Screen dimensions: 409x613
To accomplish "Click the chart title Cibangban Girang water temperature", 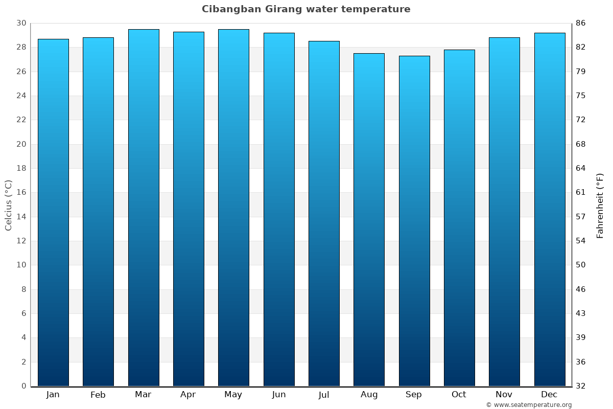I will tap(306, 9).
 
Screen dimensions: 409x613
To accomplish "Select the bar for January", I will tap(53, 212).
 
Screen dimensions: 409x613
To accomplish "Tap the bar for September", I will tap(414, 221).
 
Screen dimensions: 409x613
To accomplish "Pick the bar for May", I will tap(233, 208).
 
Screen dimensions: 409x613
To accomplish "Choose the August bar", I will tap(369, 219).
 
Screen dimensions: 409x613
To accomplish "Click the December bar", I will tap(550, 209).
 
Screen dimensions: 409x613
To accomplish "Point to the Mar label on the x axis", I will tap(143, 395).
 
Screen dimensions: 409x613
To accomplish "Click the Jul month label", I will tap(324, 395).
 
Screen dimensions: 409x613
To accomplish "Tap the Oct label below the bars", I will tap(459, 395).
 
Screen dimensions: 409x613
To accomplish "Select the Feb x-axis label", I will tap(98, 395).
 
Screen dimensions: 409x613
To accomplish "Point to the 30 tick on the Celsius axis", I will tap(21, 23).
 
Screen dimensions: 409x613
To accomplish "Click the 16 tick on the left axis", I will tap(21, 192).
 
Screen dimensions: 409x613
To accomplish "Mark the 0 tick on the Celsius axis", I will tap(23, 386).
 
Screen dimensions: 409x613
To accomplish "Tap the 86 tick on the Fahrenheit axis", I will tap(581, 23).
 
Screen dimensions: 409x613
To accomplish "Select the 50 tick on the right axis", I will tap(581, 265).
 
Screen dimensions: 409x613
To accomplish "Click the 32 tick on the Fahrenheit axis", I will tap(581, 386).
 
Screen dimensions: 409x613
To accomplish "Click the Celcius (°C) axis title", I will tap(9, 205).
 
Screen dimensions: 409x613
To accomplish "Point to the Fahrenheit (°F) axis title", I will tap(600, 205).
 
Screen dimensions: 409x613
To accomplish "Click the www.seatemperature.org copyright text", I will tap(529, 405).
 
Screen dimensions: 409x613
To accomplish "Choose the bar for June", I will tap(279, 209).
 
